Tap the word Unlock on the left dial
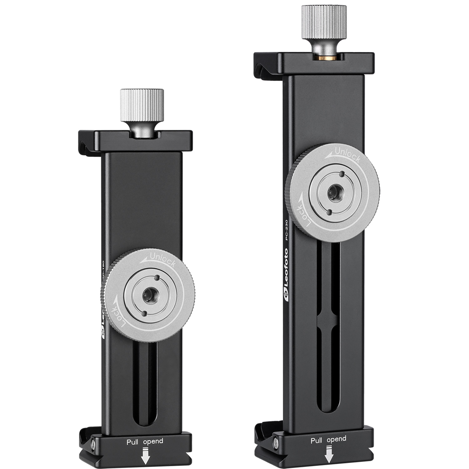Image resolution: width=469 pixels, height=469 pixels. click(x=163, y=259)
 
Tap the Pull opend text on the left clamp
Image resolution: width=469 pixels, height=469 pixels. click(x=145, y=442)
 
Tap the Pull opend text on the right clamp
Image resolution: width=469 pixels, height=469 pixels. click(x=328, y=439)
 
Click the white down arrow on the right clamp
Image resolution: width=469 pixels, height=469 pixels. click(x=328, y=455)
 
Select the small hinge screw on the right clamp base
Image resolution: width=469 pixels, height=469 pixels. click(x=276, y=441)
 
